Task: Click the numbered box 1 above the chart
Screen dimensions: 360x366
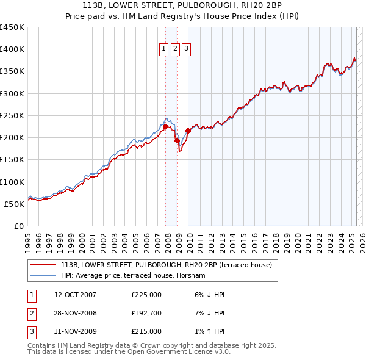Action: pyautogui.click(x=164, y=49)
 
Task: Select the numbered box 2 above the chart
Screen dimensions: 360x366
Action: pyautogui.click(x=175, y=49)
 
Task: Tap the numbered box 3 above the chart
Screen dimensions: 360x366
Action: pyautogui.click(x=186, y=49)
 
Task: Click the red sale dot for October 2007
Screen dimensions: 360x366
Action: pyautogui.click(x=165, y=127)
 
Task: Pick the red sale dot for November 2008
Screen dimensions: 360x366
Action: pyautogui.click(x=178, y=141)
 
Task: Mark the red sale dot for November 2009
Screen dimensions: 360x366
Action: pyautogui.click(x=188, y=131)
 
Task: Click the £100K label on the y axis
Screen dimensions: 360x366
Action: pyautogui.click(x=12, y=182)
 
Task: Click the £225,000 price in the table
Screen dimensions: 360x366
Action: pyautogui.click(x=146, y=295)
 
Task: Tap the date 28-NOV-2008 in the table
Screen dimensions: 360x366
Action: pyautogui.click(x=75, y=313)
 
